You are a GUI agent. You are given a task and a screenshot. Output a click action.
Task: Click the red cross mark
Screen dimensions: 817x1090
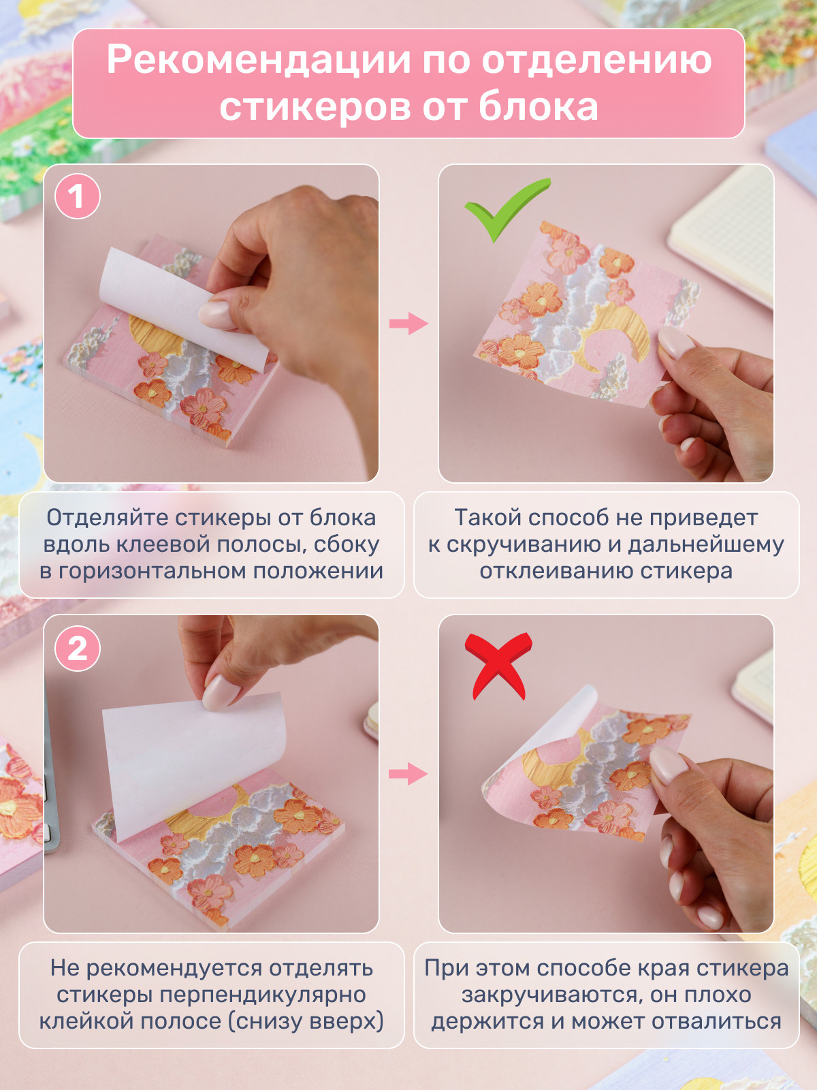pos(498,666)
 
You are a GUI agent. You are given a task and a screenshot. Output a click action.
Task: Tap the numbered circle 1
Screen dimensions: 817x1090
pos(77,197)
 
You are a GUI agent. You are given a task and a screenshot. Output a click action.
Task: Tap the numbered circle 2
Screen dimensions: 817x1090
pos(77,649)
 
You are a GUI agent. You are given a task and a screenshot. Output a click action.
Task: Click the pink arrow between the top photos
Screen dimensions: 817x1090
pos(408,324)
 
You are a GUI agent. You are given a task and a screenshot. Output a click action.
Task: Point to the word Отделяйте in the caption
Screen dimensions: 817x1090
pos(108,518)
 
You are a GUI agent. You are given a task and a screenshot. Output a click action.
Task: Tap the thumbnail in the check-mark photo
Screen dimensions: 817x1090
pos(675,343)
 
